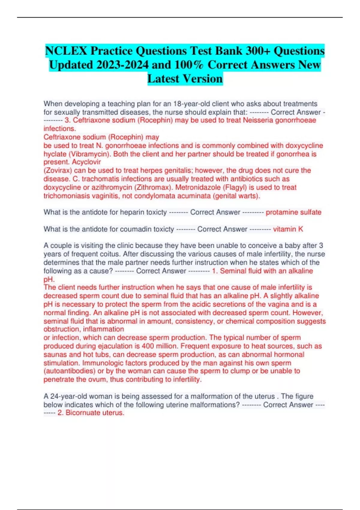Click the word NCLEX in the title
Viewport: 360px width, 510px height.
pos(66,51)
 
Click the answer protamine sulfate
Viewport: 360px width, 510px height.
pos(293,212)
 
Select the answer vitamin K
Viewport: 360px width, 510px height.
pos(288,229)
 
